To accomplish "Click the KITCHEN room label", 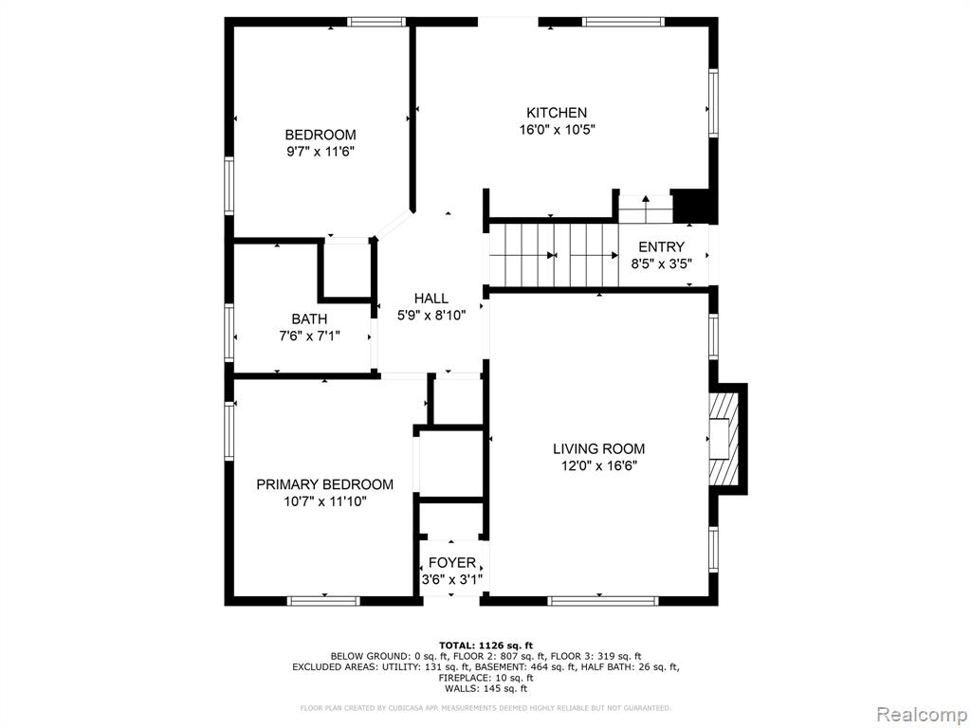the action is click(556, 113).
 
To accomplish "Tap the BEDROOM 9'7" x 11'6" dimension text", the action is click(321, 152).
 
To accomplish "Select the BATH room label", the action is click(310, 319).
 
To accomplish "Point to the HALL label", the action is click(431, 299).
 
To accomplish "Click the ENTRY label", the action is click(661, 246).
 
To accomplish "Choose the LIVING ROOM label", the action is click(599, 448).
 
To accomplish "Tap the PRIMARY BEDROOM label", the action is click(324, 484).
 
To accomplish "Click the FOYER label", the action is click(452, 563).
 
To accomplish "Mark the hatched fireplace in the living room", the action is click(724, 439).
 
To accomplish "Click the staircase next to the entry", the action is click(554, 255).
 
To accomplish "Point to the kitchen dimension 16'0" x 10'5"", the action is click(556, 130).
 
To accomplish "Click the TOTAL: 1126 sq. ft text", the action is click(485, 645).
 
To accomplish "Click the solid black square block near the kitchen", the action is click(693, 206).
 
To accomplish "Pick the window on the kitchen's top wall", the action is click(623, 22).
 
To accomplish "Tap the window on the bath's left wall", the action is click(229, 333).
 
